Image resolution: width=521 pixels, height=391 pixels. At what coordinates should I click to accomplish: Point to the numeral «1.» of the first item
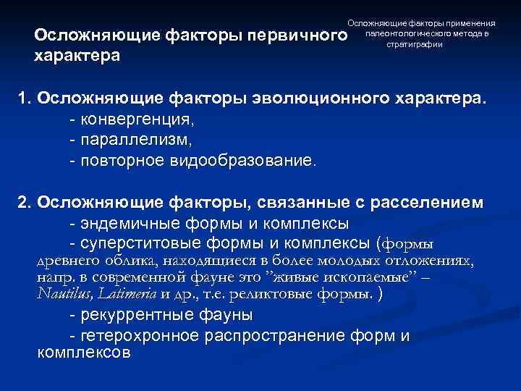[x=25, y=98]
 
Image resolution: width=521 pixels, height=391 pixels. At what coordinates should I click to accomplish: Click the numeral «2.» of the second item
[x=25, y=203]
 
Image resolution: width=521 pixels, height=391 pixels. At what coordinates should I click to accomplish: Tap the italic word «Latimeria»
[x=126, y=294]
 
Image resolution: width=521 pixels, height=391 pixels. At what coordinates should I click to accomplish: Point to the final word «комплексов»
[x=83, y=353]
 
